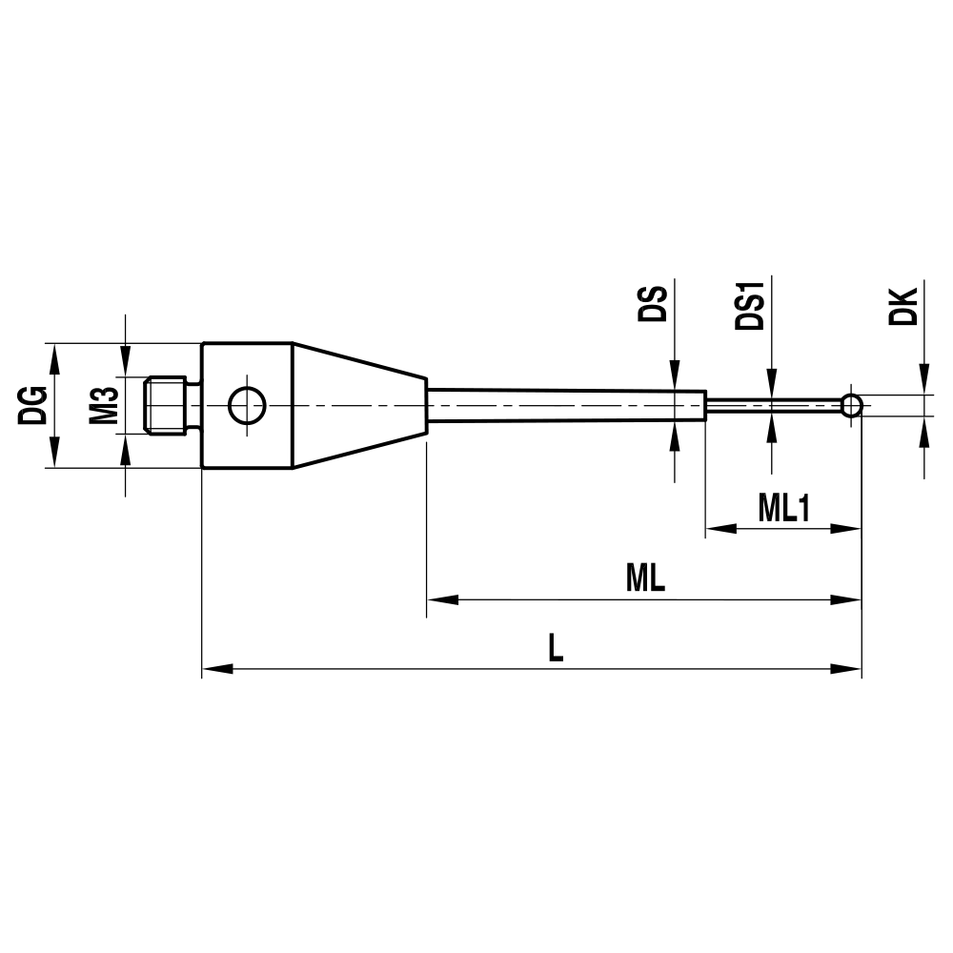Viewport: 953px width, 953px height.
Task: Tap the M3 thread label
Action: coord(104,406)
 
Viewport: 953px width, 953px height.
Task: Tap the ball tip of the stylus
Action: coord(852,406)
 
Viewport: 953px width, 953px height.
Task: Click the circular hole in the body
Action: coord(246,406)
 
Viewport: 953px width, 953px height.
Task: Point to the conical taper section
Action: coord(357,406)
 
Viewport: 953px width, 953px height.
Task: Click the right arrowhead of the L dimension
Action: coord(847,670)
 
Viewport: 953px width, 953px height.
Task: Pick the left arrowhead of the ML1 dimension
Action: coord(719,529)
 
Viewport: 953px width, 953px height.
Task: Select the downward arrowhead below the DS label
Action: coord(674,375)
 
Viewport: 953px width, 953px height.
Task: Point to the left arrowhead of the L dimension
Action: coord(217,670)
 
